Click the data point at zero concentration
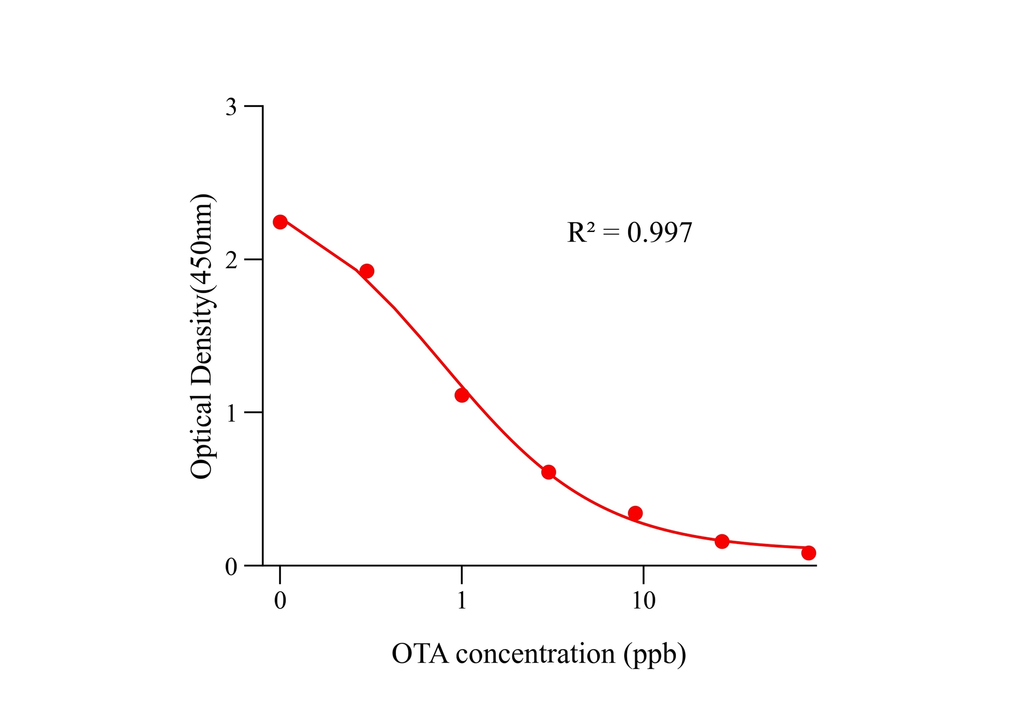tap(280, 222)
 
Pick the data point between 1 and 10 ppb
tap(548, 472)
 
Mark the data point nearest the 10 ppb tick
tap(635, 513)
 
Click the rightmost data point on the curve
tap(808, 553)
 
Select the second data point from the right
tap(722, 541)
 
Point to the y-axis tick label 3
tap(231, 107)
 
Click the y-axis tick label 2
tap(231, 260)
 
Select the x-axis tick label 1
tap(462, 600)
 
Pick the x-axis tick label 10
tap(644, 600)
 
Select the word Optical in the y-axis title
tap(202, 436)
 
